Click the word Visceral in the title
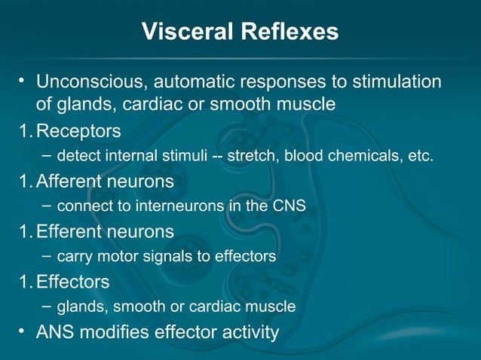pos(188,32)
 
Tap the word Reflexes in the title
pos(290,32)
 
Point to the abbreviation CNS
pos(290,206)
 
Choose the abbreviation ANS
pos(55,331)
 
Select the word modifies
pos(114,331)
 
